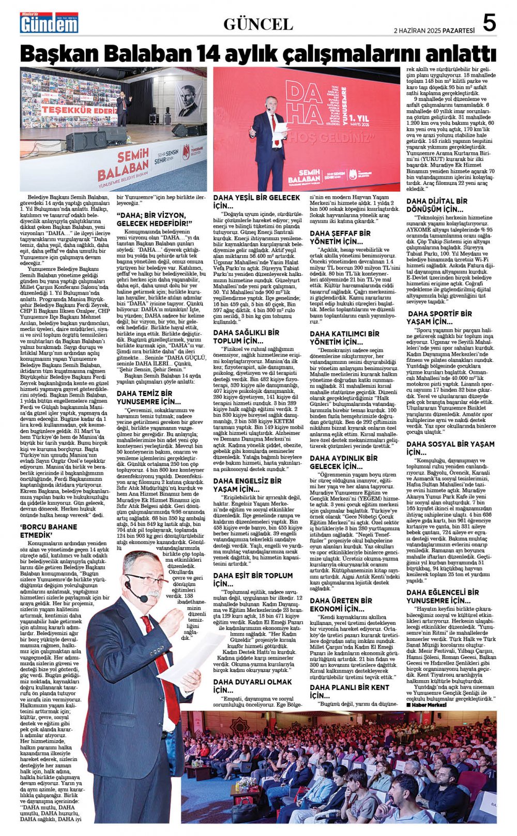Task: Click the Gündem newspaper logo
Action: click(x=49, y=24)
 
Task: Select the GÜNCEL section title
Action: click(x=258, y=24)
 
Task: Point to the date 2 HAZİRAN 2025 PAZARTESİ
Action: click(x=434, y=31)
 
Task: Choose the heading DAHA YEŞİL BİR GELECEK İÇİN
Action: click(x=256, y=201)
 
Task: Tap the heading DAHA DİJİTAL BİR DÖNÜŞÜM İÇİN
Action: click(x=437, y=205)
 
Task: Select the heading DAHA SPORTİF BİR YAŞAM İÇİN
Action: click(x=440, y=317)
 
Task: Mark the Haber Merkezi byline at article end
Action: click(x=427, y=705)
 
